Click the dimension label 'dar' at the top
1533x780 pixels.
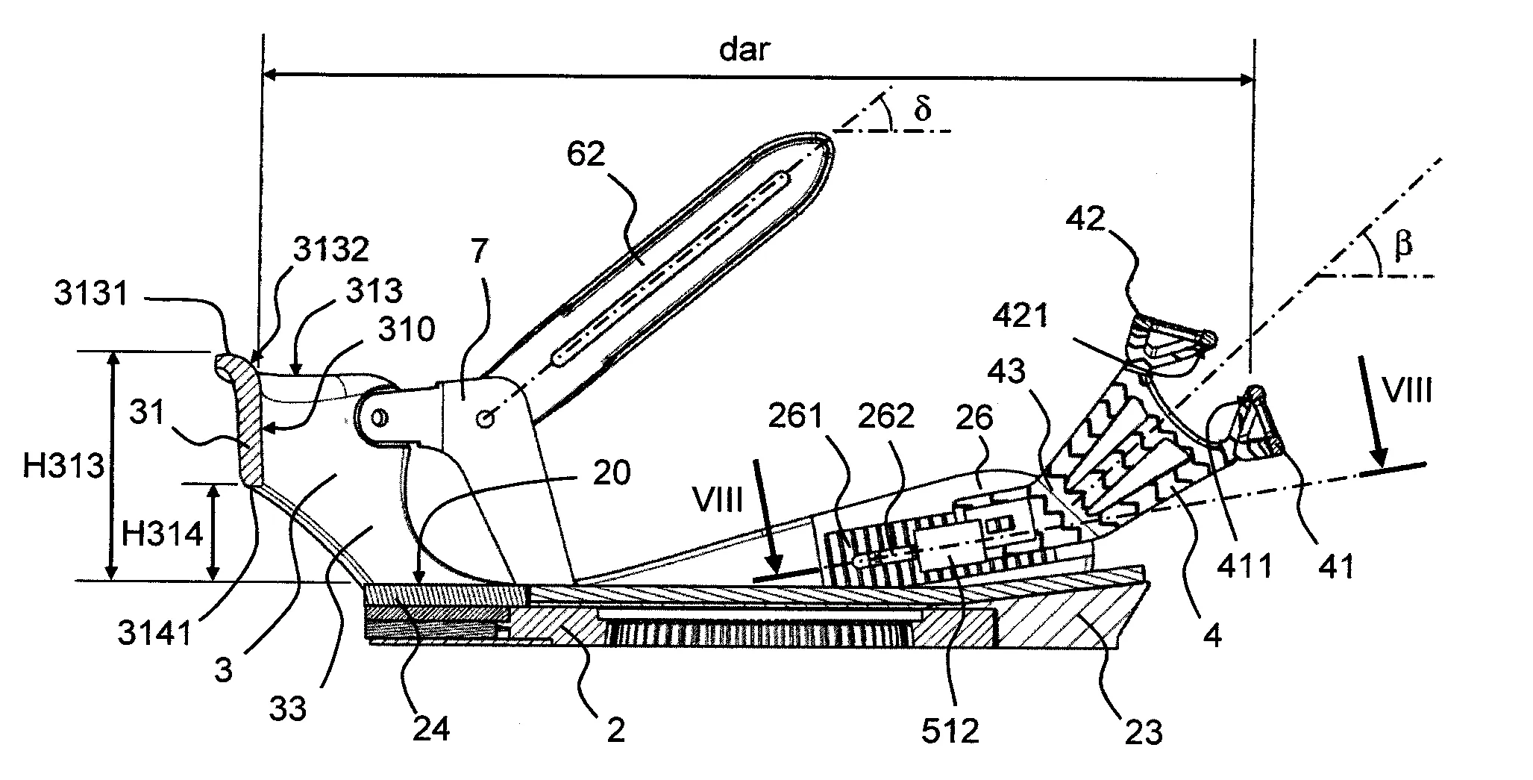pyautogui.click(x=744, y=50)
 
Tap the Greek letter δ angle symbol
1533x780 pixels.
pyautogui.click(x=922, y=110)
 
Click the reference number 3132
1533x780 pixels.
pyautogui.click(x=330, y=250)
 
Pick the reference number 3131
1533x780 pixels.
pyautogui.click(x=91, y=293)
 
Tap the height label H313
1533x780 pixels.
pyautogui.click(x=63, y=467)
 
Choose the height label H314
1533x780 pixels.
pyautogui.click(x=162, y=534)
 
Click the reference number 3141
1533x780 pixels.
pyautogui.click(x=155, y=634)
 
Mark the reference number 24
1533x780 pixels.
pyautogui.click(x=431, y=728)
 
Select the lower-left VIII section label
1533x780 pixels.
pyautogui.click(x=718, y=501)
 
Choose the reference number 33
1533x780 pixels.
pyautogui.click(x=289, y=708)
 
